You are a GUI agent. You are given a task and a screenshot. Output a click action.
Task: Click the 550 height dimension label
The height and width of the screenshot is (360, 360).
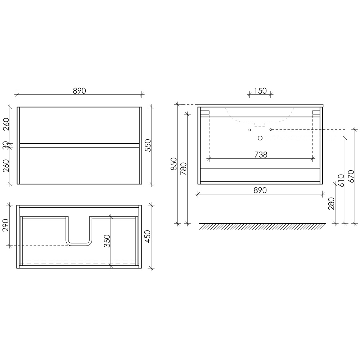148,145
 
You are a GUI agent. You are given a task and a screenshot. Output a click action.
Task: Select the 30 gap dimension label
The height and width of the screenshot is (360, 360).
5,145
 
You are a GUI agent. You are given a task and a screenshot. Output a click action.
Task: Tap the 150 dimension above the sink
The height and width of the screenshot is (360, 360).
260,91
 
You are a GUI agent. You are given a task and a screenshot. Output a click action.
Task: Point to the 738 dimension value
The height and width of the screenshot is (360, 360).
261,155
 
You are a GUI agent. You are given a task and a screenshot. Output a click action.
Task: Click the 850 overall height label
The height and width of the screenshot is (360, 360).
174,164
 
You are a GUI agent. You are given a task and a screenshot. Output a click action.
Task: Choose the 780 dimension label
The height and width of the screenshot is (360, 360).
184,169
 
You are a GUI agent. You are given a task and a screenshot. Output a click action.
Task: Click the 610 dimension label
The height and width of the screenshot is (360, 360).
341,180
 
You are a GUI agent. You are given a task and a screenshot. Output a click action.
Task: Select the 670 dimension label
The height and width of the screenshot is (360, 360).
351,176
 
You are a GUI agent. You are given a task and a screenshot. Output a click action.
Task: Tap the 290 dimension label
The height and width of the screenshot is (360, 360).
5,225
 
